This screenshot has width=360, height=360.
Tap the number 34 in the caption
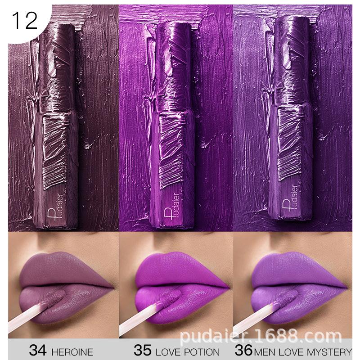[39, 351]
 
